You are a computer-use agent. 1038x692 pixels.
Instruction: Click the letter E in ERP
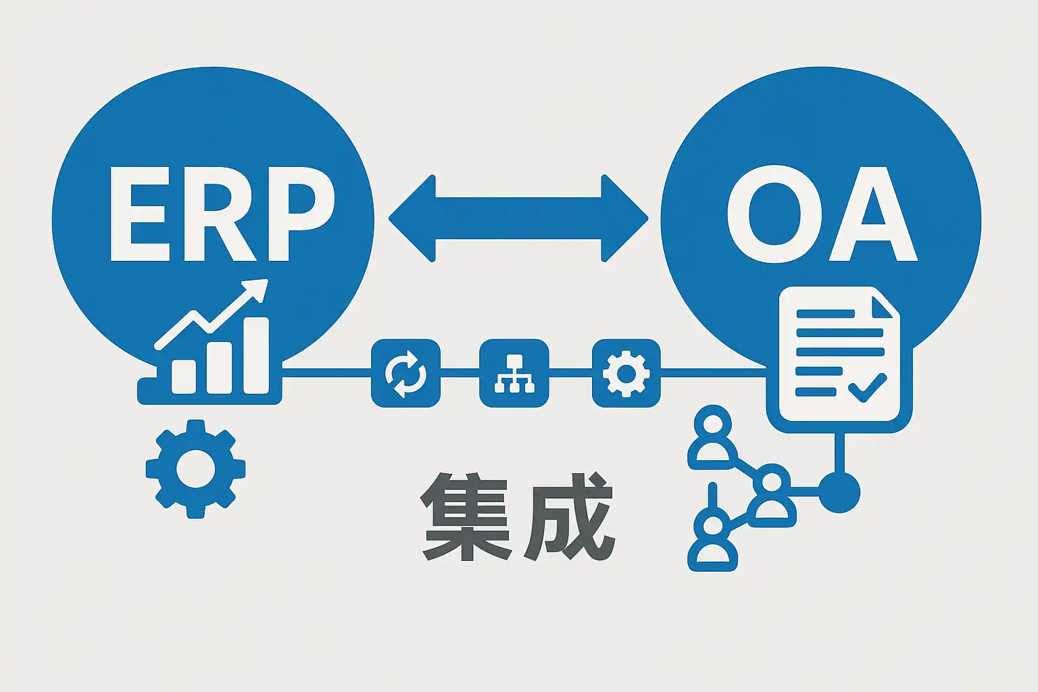pyautogui.click(x=139, y=214)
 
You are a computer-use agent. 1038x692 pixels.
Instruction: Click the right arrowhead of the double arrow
pyautogui.click(x=624, y=218)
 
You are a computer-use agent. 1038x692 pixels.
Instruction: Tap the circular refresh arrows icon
pyautogui.click(x=405, y=373)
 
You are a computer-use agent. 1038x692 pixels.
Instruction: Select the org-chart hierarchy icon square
pyautogui.click(x=514, y=373)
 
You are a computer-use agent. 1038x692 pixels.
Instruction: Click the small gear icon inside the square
pyautogui.click(x=626, y=373)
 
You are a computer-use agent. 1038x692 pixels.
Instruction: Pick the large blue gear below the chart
pyautogui.click(x=195, y=468)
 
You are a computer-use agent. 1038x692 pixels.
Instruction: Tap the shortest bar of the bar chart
pyautogui.click(x=184, y=376)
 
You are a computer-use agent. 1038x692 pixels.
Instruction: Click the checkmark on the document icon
pyautogui.click(x=867, y=387)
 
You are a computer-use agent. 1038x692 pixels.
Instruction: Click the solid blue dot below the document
pyautogui.click(x=839, y=492)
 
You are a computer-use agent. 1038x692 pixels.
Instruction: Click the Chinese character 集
pyautogui.click(x=466, y=516)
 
